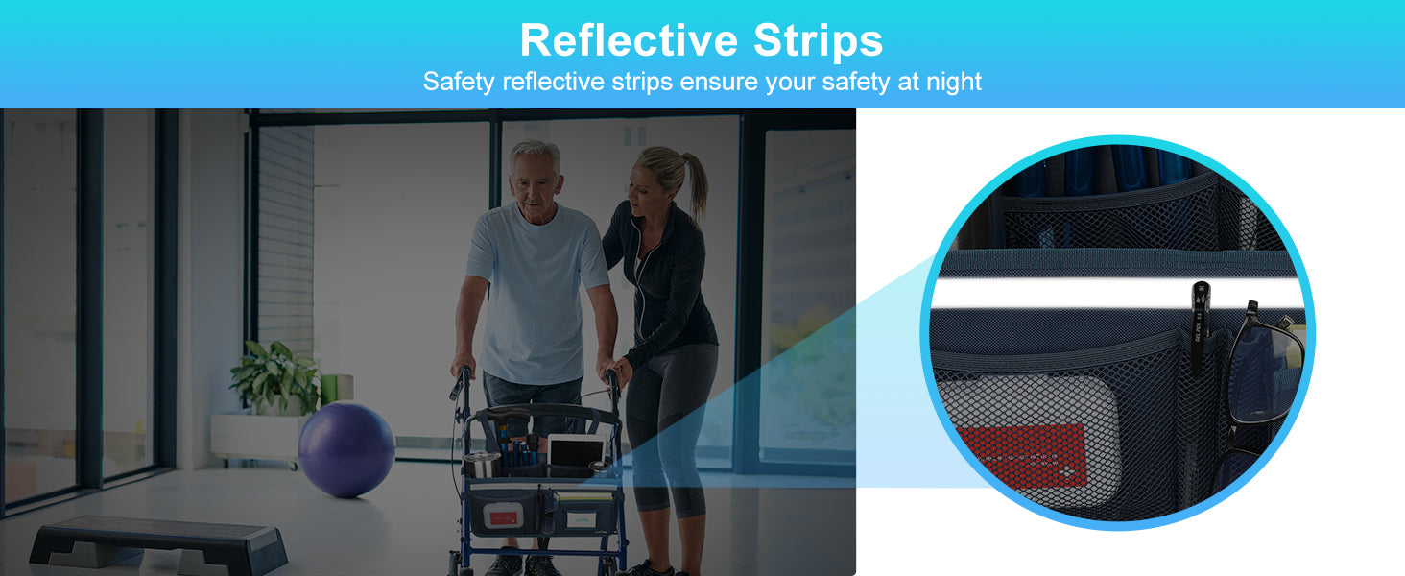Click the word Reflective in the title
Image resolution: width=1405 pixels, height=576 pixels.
[630, 40]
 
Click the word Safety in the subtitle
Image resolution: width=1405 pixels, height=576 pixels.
[459, 83]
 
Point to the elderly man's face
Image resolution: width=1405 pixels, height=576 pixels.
[535, 182]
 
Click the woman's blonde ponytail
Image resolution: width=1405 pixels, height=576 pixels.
[695, 185]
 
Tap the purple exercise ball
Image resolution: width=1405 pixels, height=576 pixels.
[345, 449]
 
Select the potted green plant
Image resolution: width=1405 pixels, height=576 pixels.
[276, 377]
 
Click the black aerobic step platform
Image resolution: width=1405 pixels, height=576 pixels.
[158, 542]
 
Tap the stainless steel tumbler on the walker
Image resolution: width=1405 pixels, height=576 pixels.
[482, 465]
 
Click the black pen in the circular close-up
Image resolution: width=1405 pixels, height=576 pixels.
[1200, 327]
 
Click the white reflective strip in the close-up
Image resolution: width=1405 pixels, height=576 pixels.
[1116, 293]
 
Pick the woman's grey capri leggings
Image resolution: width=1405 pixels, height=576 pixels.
[671, 426]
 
